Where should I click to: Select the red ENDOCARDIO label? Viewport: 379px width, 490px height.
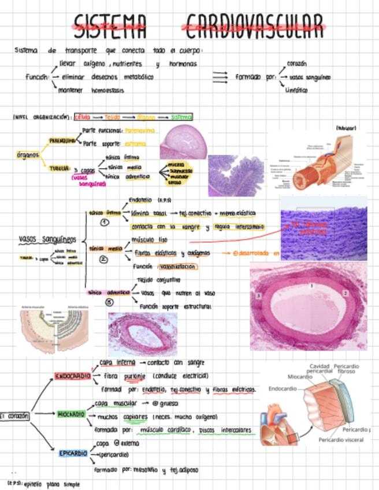(x=72, y=376)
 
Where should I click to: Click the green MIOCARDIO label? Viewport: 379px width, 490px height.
(x=72, y=414)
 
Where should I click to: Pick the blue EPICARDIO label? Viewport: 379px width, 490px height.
(x=73, y=453)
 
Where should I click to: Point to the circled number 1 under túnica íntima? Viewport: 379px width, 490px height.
(x=105, y=223)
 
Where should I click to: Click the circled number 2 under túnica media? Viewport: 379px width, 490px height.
(x=104, y=259)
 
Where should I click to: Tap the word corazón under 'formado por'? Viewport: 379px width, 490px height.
(x=296, y=64)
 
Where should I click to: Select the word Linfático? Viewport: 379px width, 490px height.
(x=296, y=90)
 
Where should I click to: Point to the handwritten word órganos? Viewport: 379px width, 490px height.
(x=28, y=155)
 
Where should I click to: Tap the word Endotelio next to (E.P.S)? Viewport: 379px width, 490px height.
(x=140, y=200)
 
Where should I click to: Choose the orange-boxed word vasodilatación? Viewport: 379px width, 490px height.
(x=176, y=266)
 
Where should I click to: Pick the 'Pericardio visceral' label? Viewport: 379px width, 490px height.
(x=341, y=440)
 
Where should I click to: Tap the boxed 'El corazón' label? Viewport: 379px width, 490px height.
(x=14, y=415)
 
